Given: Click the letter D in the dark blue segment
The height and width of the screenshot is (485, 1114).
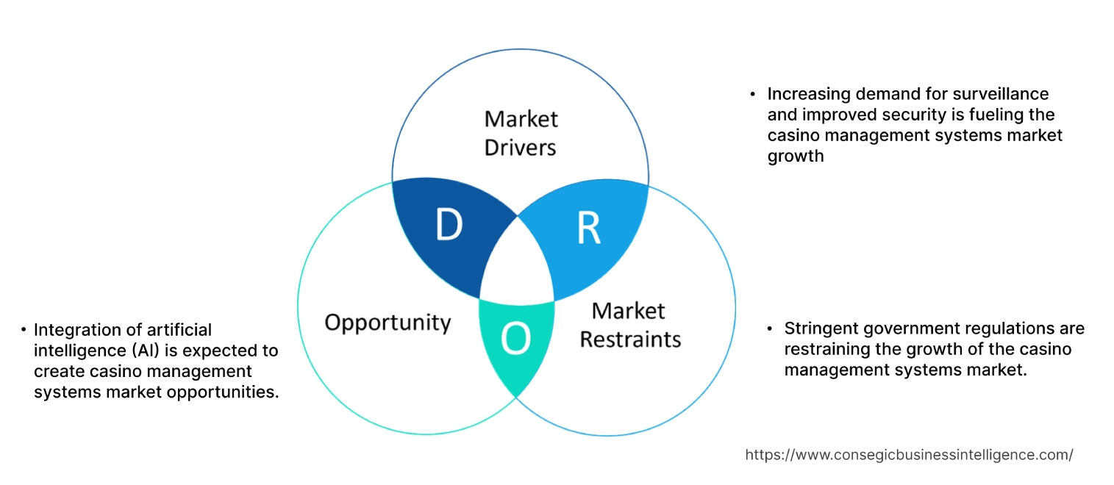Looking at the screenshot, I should click(449, 226).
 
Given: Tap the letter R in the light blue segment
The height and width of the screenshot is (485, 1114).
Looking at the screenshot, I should click(588, 229).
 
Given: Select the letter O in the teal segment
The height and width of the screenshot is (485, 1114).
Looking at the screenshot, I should click(515, 339).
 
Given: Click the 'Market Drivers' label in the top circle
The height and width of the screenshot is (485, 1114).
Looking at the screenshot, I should click(521, 133).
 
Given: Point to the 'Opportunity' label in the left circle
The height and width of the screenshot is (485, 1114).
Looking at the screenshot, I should click(388, 322).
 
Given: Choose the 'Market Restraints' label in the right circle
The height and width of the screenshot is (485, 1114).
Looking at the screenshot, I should click(630, 325).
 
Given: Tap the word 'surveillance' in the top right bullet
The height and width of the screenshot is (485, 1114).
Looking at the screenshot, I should click(1000, 94).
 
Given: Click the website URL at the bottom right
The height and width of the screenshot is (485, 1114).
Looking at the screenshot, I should click(909, 455).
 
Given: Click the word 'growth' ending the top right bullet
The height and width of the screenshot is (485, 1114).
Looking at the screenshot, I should click(796, 156).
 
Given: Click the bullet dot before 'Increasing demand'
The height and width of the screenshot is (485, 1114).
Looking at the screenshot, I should click(752, 95).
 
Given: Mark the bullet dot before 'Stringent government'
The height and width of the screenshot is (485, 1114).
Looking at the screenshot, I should click(769, 328).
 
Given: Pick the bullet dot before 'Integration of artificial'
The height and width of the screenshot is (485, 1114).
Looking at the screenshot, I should click(24, 330).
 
